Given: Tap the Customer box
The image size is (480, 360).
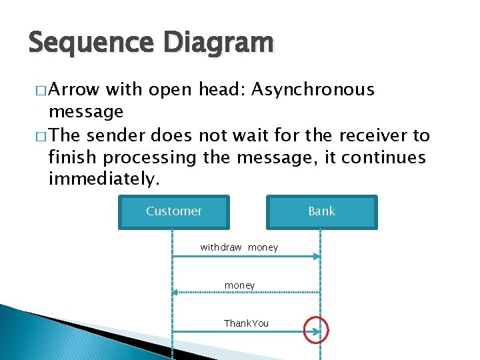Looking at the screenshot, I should tap(174, 211).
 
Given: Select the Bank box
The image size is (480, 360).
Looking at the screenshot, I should tap(321, 211).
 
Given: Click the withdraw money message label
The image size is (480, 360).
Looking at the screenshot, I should tap(239, 247).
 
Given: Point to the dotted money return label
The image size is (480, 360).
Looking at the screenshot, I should tap(239, 285).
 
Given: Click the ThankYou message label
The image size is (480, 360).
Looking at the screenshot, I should tap(246, 323).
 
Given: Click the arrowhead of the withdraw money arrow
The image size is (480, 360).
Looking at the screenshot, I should tap(317, 257).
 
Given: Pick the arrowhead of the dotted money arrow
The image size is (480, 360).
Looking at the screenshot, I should tap(175, 292).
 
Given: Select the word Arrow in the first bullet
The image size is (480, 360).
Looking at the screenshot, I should tap(74, 90).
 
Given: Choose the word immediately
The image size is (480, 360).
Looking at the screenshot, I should tap(105, 179).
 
